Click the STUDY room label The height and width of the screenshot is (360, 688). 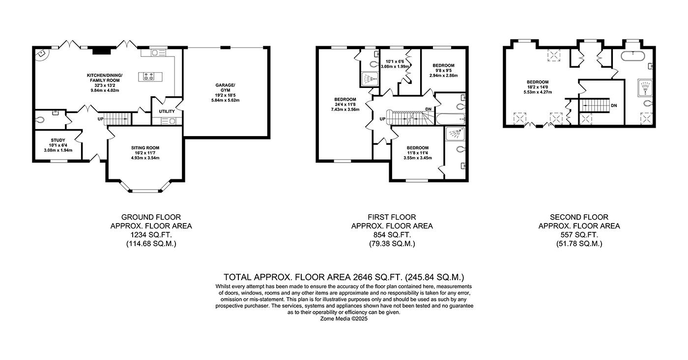point(58,140)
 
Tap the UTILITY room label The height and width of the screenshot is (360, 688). point(167,111)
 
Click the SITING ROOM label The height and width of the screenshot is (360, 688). point(145,148)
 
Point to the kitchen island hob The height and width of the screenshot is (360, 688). point(150,77)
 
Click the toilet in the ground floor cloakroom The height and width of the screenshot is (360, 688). point(40,120)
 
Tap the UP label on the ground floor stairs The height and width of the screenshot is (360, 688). point(100,119)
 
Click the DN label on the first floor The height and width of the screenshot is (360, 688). point(428,109)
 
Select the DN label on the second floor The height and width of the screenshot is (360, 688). point(614,106)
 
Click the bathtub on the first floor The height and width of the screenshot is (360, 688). point(451,119)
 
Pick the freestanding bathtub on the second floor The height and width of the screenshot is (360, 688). point(633,56)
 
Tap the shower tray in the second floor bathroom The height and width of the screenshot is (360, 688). point(645,88)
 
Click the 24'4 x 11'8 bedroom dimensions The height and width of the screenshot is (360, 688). point(345,104)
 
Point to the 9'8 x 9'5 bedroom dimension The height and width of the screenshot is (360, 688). point(443,71)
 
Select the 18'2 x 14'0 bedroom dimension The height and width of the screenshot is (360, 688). point(538,87)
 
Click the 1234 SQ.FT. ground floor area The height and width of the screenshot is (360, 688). point(151,235)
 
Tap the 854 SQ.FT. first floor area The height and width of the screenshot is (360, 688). point(392,235)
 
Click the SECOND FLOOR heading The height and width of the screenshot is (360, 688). point(579,217)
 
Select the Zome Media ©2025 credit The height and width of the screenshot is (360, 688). point(344,319)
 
